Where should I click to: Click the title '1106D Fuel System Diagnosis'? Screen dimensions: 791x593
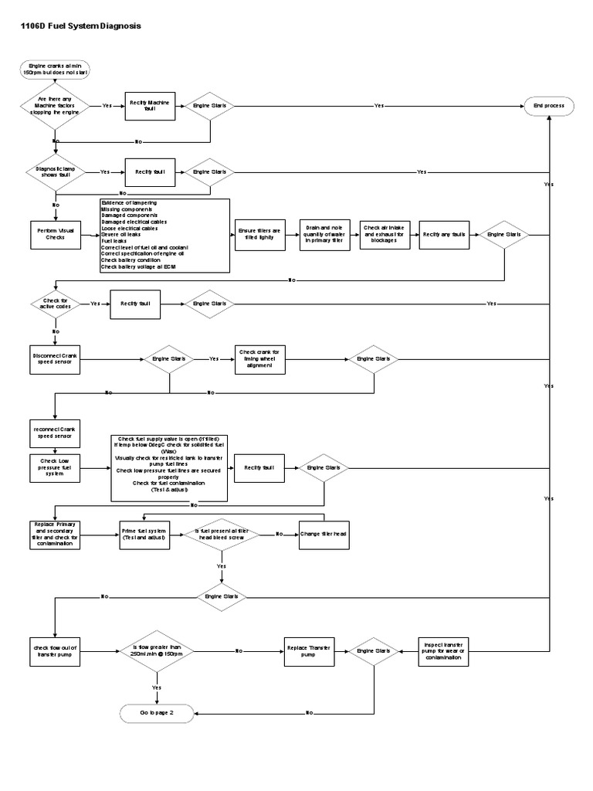click(x=75, y=25)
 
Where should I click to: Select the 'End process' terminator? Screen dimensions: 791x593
click(x=549, y=106)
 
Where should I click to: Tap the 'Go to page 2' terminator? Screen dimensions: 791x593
click(x=156, y=712)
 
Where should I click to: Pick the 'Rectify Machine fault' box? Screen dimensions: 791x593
click(x=152, y=106)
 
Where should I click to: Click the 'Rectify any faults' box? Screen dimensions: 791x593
click(x=443, y=234)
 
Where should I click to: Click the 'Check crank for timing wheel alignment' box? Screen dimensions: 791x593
click(x=260, y=359)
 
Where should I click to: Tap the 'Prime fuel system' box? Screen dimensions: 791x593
click(x=144, y=534)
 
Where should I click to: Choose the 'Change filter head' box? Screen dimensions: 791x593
click(x=324, y=534)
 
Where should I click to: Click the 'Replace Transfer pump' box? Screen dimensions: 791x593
click(x=308, y=651)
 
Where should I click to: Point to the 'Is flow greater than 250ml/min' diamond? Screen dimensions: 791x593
click(x=157, y=651)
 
